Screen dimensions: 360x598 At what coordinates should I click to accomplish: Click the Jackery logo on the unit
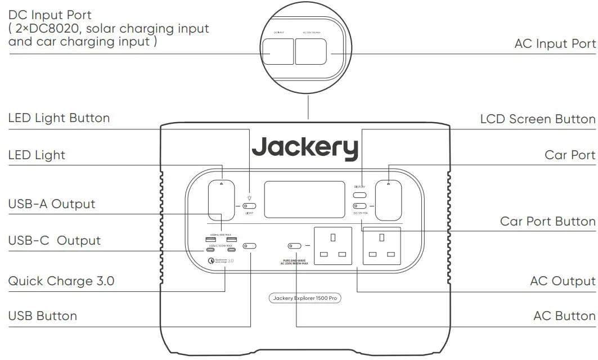click(304, 147)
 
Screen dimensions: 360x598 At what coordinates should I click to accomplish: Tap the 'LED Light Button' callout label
click(59, 118)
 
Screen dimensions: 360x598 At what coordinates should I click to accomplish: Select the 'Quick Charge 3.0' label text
click(61, 281)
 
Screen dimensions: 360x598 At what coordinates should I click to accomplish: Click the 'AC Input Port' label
click(555, 44)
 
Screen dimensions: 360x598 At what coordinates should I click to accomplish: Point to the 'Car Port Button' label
click(547, 221)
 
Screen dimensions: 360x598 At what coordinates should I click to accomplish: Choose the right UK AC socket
click(381, 246)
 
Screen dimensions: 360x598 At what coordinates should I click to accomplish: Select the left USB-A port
click(209, 240)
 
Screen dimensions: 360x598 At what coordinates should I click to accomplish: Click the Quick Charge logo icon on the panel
click(211, 260)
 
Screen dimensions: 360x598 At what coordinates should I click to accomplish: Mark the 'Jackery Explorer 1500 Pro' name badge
click(304, 298)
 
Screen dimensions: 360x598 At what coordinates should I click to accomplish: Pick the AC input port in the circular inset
click(311, 52)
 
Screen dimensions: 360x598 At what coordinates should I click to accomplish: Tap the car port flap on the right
click(388, 200)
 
